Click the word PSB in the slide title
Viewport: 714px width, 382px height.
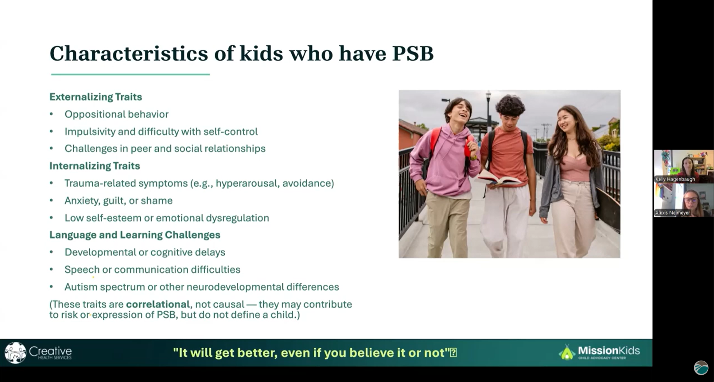(x=413, y=53)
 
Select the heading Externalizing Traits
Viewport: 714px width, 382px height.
(x=96, y=97)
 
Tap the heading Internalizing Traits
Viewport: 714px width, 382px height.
(x=94, y=166)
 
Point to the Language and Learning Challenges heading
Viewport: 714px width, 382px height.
(x=135, y=235)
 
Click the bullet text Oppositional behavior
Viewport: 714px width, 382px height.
(x=117, y=114)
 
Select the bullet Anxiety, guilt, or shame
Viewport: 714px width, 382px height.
(x=119, y=201)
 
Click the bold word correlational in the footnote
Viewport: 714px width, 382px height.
(x=158, y=304)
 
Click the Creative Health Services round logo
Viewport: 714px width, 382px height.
(x=15, y=353)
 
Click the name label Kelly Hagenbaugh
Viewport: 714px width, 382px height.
(x=675, y=179)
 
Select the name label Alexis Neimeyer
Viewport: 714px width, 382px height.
(x=672, y=213)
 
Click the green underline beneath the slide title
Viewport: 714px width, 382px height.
(x=131, y=74)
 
